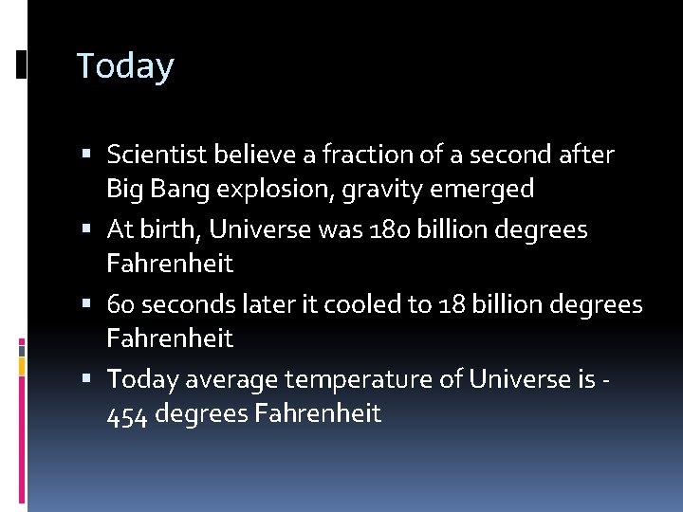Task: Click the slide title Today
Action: pos(125,66)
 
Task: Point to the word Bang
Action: pos(180,190)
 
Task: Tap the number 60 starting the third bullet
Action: pos(120,304)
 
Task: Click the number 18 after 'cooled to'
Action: pos(452,304)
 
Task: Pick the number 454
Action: pos(127,414)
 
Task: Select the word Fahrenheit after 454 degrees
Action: pos(318,414)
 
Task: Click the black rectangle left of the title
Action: pos(22,64)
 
